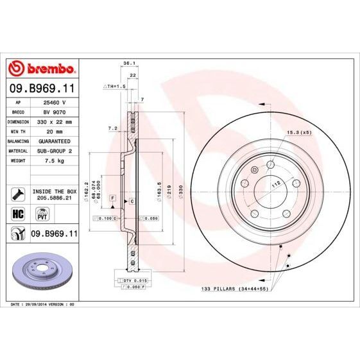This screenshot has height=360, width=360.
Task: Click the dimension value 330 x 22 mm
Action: [x=53, y=121]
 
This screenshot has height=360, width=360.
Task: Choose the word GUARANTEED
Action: [x=53, y=140]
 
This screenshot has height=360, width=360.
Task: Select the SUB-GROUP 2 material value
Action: [x=53, y=150]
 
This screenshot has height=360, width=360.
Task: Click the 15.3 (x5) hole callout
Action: [x=298, y=132]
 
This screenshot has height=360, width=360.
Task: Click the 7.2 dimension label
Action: [x=113, y=128]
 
